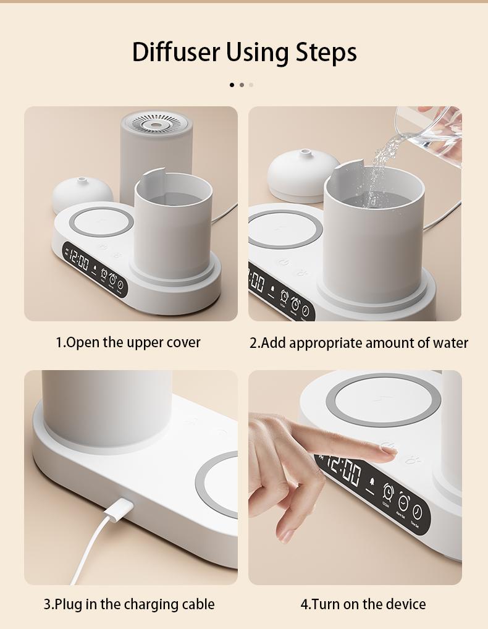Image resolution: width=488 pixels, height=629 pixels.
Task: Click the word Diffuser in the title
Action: [x=176, y=53]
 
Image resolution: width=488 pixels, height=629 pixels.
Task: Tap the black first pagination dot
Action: [x=232, y=85]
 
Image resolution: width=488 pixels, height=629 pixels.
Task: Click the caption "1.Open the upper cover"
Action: [x=128, y=342]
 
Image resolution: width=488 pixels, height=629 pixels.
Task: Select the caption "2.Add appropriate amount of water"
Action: [x=358, y=343]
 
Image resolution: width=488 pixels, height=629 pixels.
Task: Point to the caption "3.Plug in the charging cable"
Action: [x=128, y=604]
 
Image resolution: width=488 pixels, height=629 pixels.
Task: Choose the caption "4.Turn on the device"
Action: [x=363, y=604]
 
